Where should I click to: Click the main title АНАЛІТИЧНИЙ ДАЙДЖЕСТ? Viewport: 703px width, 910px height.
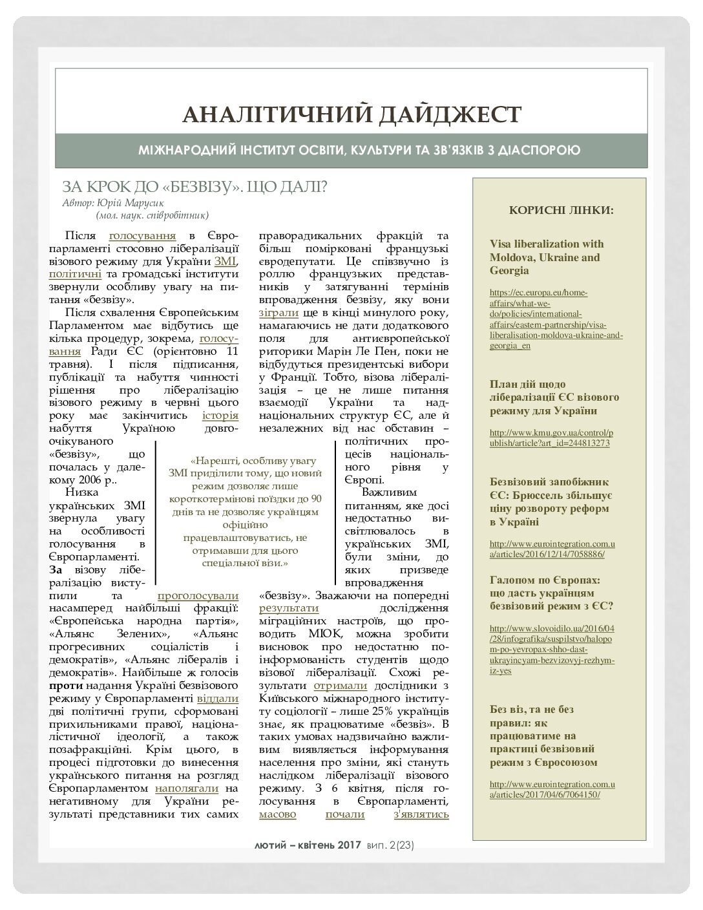pos(351,114)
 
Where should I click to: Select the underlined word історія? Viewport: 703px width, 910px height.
pos(220,415)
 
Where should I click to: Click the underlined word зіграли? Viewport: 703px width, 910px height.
pos(278,313)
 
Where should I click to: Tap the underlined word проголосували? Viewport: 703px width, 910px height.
pos(198,595)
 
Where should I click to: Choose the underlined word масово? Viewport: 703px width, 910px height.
pos(278,814)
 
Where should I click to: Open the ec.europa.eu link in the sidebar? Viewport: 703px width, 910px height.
pos(556,319)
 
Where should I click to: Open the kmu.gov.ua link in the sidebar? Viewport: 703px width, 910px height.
pos(552,438)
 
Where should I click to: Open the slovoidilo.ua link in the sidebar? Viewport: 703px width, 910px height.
pos(552,649)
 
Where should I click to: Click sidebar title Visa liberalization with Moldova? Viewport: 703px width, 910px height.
pos(547,257)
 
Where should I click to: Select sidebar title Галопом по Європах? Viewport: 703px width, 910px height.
pos(551,592)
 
